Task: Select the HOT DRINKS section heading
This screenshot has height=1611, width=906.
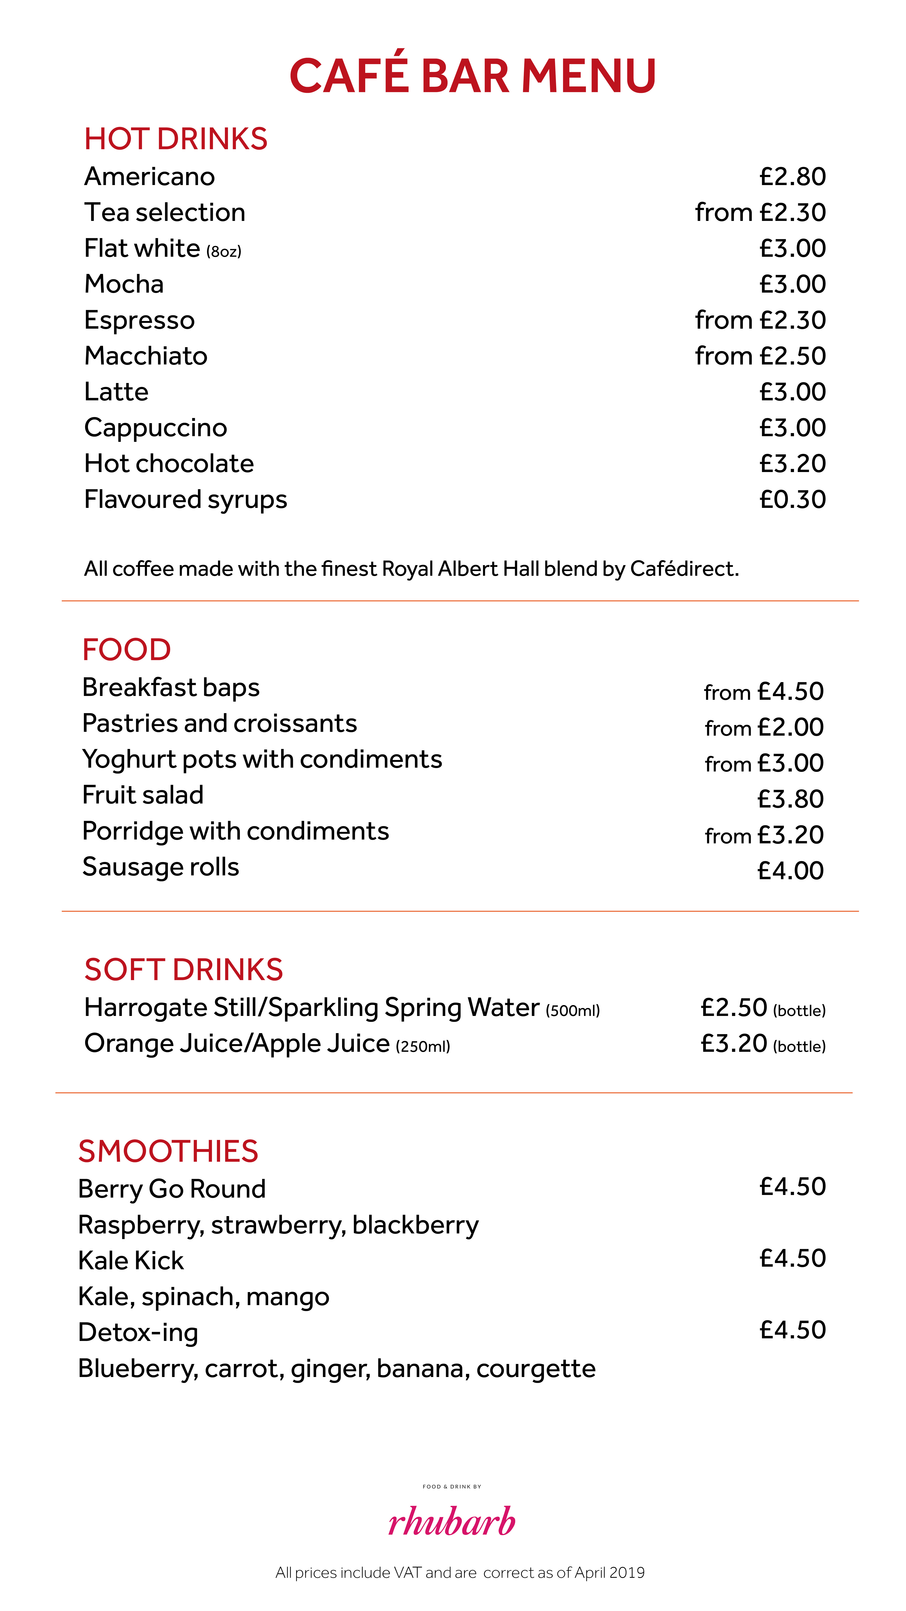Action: [x=176, y=139]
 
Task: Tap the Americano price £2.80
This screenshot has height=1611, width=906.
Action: [x=792, y=177]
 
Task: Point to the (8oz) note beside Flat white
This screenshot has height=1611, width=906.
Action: [x=224, y=251]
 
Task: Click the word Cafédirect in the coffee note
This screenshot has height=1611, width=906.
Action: [x=684, y=569]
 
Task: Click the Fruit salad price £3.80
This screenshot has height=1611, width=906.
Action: [x=790, y=799]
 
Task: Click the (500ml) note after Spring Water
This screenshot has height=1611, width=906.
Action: [x=573, y=1011]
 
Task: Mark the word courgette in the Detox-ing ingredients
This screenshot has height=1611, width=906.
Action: [x=536, y=1369]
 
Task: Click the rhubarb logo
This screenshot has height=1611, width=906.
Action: [x=451, y=1521]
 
